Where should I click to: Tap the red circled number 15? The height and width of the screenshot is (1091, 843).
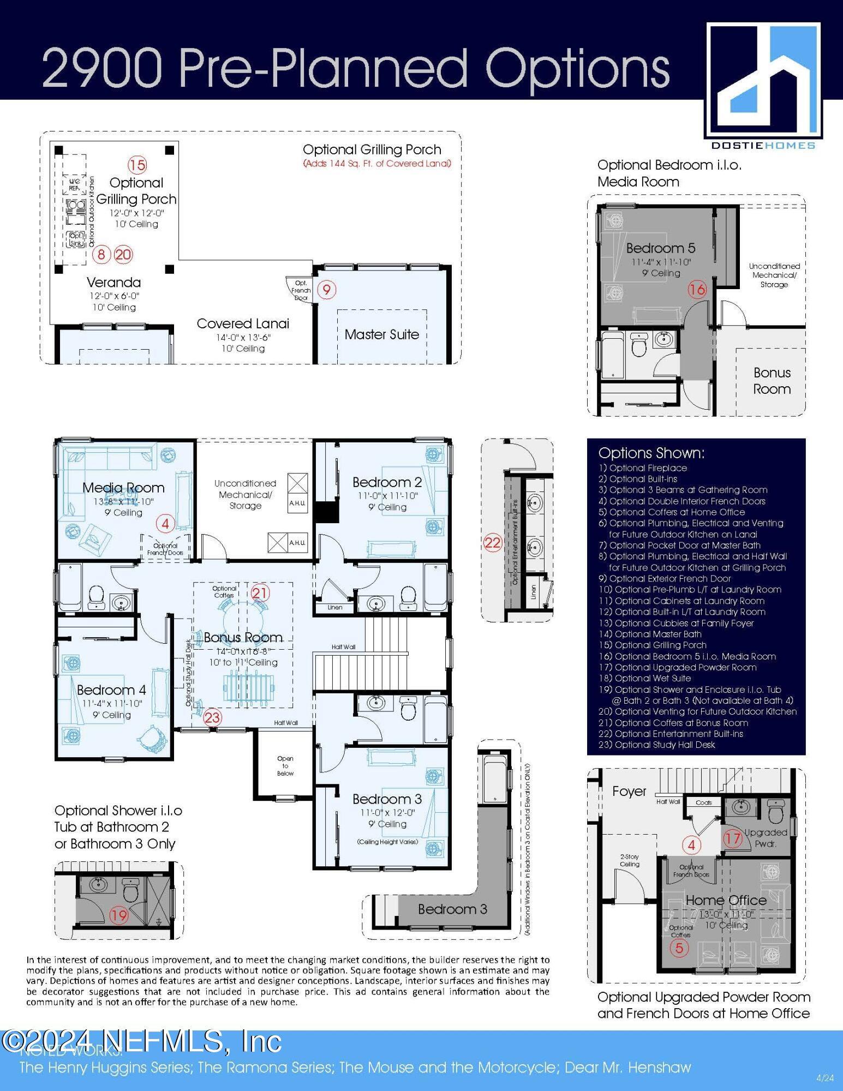pos(137,165)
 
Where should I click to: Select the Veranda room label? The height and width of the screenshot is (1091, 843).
pos(113,283)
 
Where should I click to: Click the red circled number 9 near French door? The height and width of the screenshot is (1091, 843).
pos(326,290)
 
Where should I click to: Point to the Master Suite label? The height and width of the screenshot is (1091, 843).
pos(381,334)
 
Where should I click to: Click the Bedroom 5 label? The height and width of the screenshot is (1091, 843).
pos(660,248)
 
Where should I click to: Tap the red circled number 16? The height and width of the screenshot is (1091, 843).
pos(697,290)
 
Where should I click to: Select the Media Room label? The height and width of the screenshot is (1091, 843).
pos(123,488)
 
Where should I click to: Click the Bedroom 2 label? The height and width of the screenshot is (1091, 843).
pos(387,482)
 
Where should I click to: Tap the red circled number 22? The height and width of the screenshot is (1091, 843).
pos(492,543)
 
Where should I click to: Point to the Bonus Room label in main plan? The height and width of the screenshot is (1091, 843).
pos(243,637)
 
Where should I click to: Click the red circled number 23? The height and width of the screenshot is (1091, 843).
pos(212,717)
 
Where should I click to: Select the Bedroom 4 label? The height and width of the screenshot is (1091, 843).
pos(111,690)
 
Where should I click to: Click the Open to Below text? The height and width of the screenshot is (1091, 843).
pos(285,766)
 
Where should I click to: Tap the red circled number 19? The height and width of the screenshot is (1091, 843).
pos(118,915)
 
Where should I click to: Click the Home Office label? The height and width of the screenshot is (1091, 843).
pos(726,900)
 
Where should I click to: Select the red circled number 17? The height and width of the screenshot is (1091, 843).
pos(733,838)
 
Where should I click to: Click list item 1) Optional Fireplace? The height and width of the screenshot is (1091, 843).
pos(642,468)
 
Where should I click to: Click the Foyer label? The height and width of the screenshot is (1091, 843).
pos(629,791)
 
